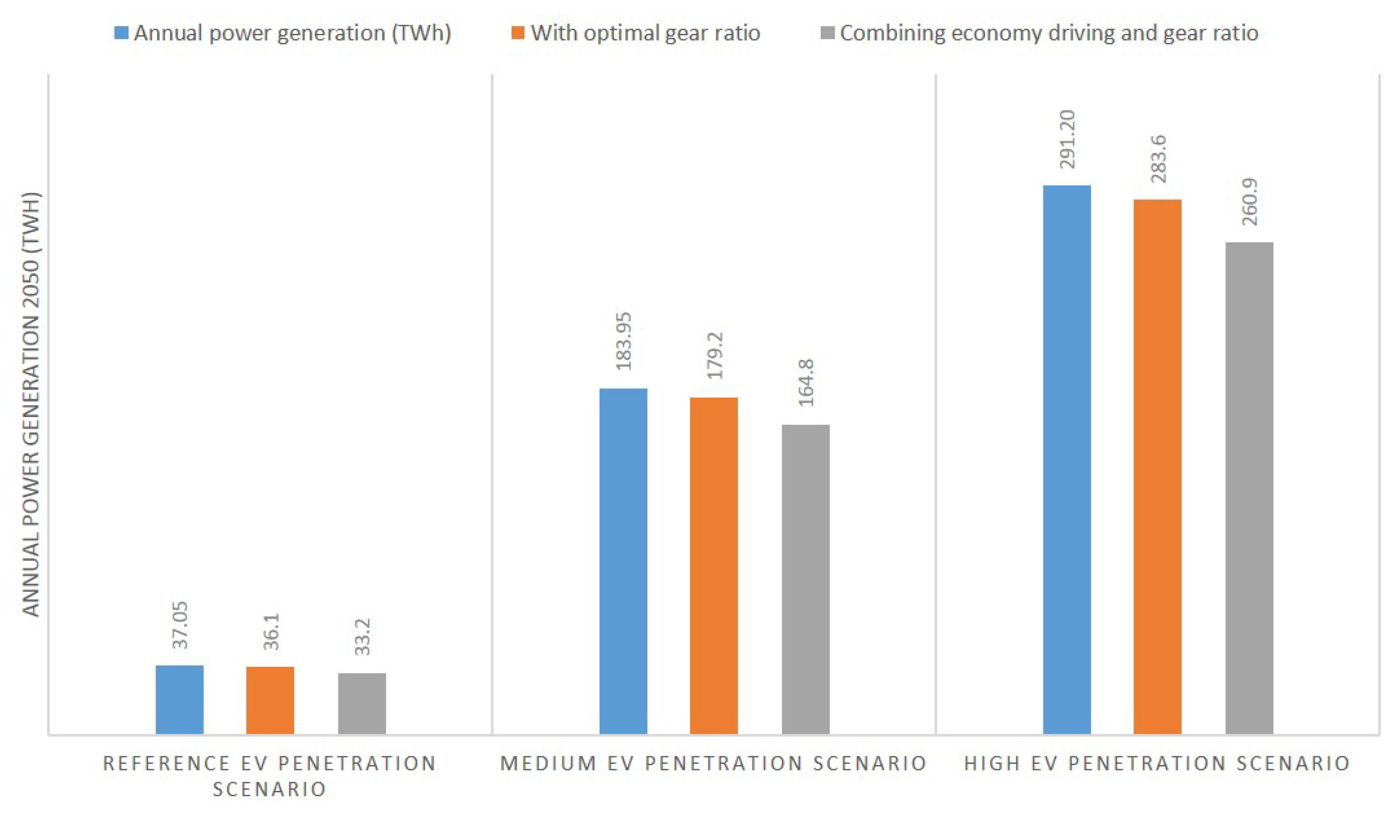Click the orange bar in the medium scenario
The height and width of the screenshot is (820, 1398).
tap(713, 565)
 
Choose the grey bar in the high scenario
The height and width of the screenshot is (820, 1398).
tap(1249, 488)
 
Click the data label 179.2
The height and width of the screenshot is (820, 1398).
tap(715, 356)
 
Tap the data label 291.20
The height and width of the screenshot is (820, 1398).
tap(1067, 139)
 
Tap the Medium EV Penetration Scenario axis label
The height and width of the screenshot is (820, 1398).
tap(713, 763)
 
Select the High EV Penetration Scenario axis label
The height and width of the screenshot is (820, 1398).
tap(1157, 763)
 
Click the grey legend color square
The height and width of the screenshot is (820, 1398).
tap(827, 33)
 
